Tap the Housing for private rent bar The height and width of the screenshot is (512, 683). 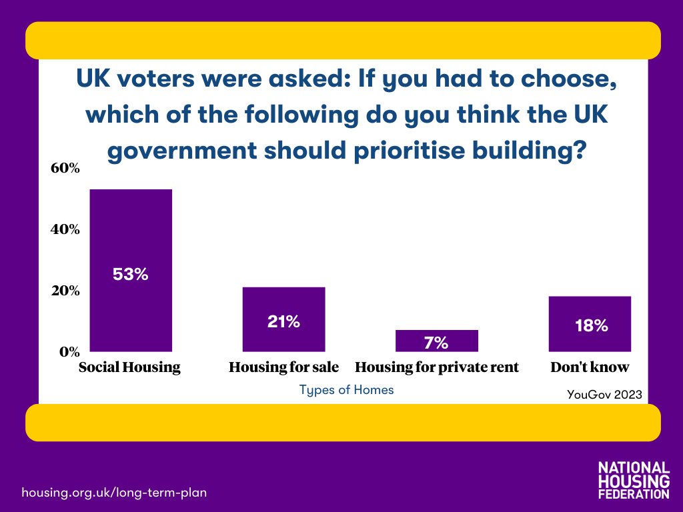click(436, 340)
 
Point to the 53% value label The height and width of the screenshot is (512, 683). click(131, 274)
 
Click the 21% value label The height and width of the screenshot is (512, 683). click(283, 322)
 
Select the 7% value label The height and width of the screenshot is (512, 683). click(436, 343)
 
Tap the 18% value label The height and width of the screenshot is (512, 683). click(591, 326)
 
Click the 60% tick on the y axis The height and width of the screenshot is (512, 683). click(65, 168)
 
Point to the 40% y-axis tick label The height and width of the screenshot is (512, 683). click(65, 229)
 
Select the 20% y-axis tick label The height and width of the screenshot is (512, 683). click(65, 291)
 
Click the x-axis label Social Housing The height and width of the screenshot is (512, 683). click(129, 367)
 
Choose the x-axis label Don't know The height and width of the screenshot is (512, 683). click(590, 367)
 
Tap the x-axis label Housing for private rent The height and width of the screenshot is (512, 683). click(437, 367)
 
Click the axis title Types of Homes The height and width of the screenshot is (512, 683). click(346, 390)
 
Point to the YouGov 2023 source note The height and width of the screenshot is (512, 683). click(604, 395)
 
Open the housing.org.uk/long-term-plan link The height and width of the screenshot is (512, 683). click(114, 493)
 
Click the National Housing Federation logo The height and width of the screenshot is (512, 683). click(634, 479)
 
